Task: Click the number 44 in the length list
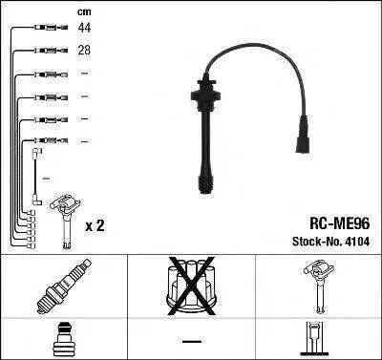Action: [84, 28]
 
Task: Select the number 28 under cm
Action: [84, 51]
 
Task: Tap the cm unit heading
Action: [84, 12]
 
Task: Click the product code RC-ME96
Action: [340, 223]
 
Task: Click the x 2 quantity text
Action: [95, 226]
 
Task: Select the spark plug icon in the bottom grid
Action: [64, 286]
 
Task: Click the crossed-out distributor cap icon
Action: [191, 286]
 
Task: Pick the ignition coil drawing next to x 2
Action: [65, 221]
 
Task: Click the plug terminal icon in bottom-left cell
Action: [64, 340]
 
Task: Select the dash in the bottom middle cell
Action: [192, 342]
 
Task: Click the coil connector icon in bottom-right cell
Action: [314, 339]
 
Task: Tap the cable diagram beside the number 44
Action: [52, 28]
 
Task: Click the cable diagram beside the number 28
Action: [52, 50]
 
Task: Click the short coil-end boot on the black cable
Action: [302, 136]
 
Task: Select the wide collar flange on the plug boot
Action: [205, 95]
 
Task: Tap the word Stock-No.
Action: [316, 242]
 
